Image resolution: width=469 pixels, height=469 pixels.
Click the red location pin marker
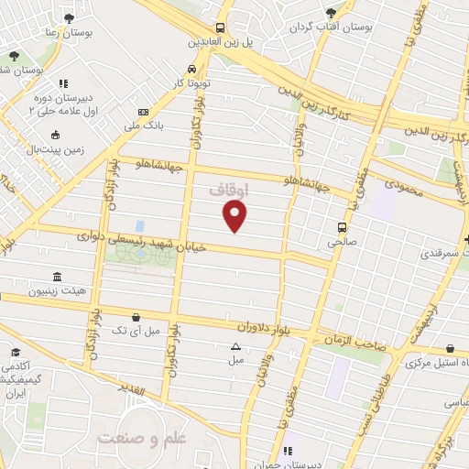pyautogui.click(x=235, y=215)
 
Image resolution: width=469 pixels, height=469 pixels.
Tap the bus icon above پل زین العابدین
pyautogui.click(x=219, y=27)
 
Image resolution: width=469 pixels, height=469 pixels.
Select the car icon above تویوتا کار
pyautogui.click(x=191, y=69)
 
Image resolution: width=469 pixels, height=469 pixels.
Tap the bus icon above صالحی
pyautogui.click(x=342, y=228)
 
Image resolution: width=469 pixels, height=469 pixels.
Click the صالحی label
pyautogui.click(x=342, y=243)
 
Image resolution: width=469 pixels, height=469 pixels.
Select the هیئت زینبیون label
pyautogui.click(x=57, y=291)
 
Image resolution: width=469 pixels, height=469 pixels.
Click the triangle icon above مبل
pyautogui.click(x=236, y=346)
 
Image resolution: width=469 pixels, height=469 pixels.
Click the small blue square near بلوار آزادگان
pyautogui.click(x=139, y=225)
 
